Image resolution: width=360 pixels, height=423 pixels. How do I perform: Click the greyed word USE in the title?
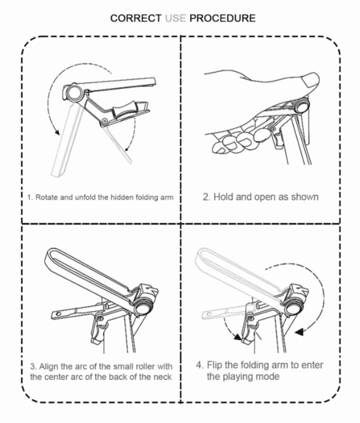click(x=175, y=18)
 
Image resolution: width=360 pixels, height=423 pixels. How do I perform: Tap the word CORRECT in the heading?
click(x=136, y=18)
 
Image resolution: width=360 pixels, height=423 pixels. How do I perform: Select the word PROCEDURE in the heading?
click(x=223, y=18)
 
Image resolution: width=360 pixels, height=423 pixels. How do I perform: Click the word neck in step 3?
click(x=163, y=377)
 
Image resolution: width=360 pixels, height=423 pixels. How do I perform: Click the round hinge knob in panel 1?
click(x=75, y=92)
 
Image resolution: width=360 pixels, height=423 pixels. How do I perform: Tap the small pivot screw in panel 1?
click(x=105, y=121)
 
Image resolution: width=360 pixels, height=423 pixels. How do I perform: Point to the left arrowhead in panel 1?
click(x=57, y=132)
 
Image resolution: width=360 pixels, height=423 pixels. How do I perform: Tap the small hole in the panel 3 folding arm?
click(x=58, y=314)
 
